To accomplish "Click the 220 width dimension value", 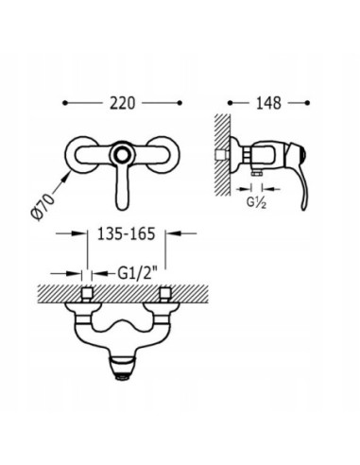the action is pos(122,103).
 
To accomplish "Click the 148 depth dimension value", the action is pos(268,103).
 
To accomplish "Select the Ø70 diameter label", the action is pos(43,206).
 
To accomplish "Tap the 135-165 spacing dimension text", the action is pos(127,233).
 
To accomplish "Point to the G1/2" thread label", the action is pos(137,273).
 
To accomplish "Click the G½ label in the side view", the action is pos(256,202).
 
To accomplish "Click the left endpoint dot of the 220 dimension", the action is pos(65,103).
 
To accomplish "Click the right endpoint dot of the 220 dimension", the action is pos(180,103).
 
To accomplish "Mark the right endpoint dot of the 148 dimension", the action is pos(308,103).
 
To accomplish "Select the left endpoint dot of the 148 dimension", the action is pos(230,103).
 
